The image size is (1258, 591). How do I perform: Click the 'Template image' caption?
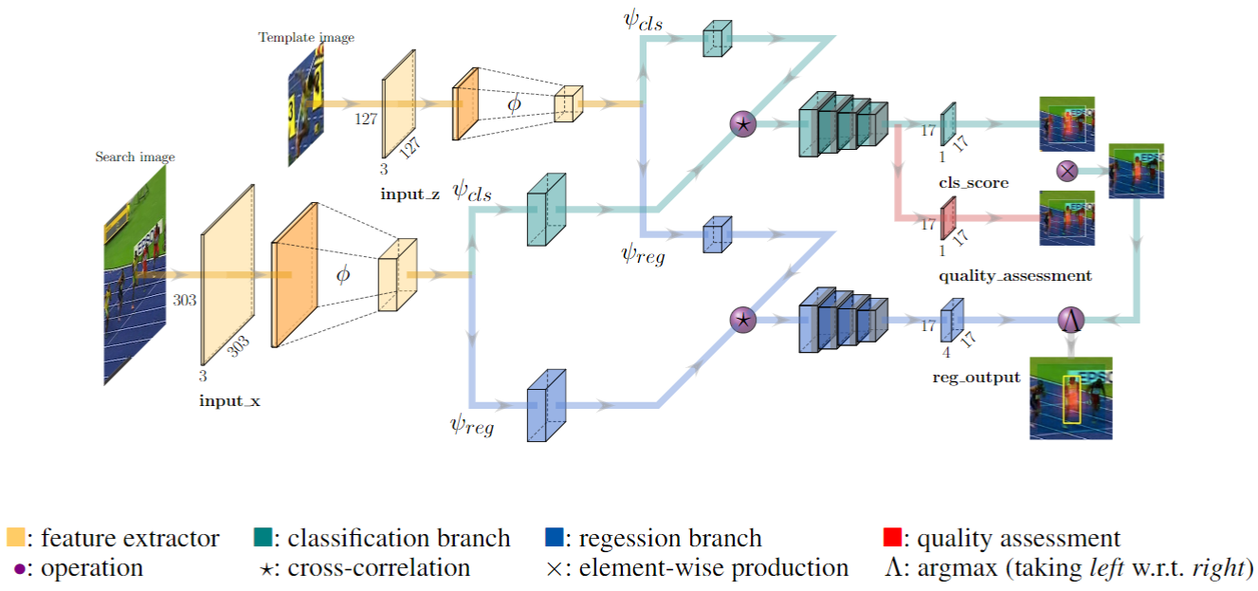(x=306, y=38)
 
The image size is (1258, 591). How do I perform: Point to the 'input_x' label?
(x=229, y=400)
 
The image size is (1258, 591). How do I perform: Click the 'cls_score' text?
(x=974, y=182)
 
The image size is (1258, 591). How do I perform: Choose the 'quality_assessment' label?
(x=1015, y=276)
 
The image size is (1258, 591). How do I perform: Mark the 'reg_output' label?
(x=976, y=377)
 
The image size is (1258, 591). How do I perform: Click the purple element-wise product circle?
(x=1067, y=172)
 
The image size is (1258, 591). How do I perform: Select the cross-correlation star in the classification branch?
(x=743, y=123)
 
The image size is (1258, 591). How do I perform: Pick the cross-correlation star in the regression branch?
(x=743, y=321)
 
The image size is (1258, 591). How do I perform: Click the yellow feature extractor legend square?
(x=15, y=539)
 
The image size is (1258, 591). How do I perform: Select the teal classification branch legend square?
(x=264, y=539)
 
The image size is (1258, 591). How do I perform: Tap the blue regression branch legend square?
(x=556, y=539)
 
